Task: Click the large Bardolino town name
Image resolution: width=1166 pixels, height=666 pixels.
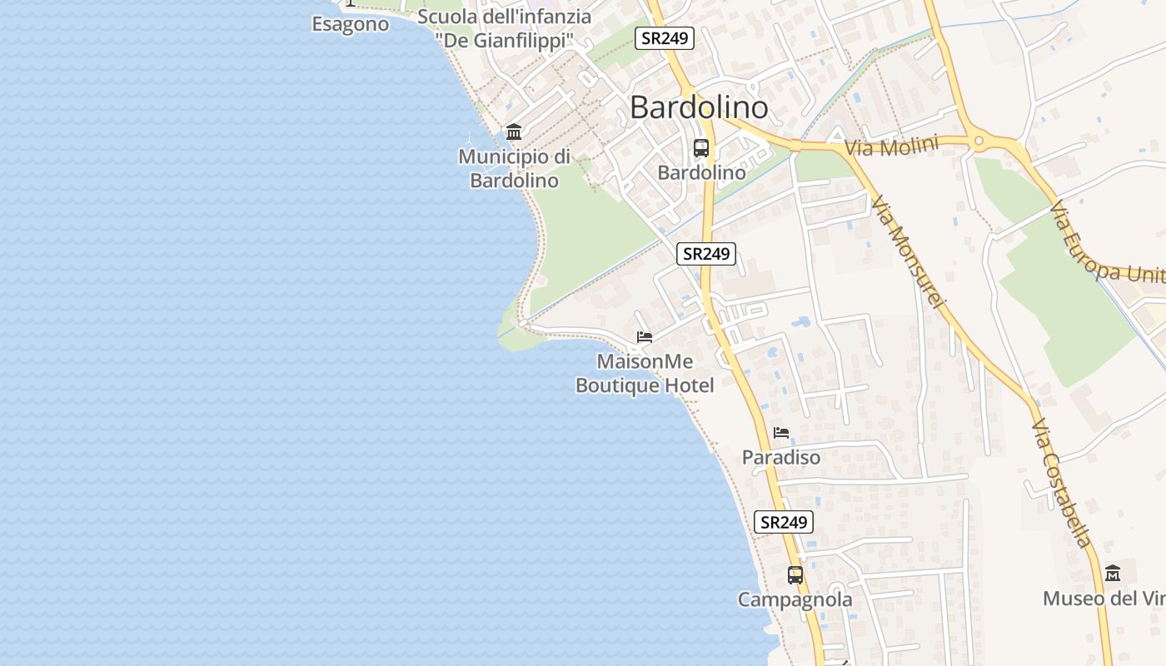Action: [x=698, y=107]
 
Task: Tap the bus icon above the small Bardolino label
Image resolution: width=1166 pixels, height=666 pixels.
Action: [x=701, y=148]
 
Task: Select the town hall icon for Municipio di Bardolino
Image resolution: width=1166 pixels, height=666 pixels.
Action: [x=514, y=132]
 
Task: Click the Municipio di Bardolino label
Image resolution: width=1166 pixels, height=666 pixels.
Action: [x=514, y=168]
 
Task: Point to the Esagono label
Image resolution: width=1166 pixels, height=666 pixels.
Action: [x=350, y=24]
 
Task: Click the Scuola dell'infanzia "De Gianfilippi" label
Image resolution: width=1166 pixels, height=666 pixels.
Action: [x=505, y=28]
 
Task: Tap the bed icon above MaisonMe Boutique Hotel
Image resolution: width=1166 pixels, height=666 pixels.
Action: [x=644, y=337]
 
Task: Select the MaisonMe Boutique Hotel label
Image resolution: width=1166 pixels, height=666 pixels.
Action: [x=645, y=374]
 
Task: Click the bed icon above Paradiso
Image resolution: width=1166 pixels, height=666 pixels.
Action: [x=780, y=433]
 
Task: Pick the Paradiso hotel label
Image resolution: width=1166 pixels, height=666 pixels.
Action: [x=780, y=457]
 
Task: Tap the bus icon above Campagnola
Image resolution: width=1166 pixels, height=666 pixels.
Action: [x=795, y=574]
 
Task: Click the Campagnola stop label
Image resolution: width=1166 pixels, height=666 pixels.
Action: [x=795, y=599]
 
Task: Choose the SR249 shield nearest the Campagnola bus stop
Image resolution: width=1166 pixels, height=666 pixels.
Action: [x=783, y=522]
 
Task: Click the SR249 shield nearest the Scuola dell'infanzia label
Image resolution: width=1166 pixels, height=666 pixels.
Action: [x=664, y=38]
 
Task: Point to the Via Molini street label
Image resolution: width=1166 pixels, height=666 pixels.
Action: [x=891, y=146]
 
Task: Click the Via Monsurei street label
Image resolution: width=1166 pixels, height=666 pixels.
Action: [x=908, y=251]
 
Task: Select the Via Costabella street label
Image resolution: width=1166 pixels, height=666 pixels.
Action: [x=1061, y=483]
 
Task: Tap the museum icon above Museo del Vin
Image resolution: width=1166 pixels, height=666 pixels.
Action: [x=1113, y=574]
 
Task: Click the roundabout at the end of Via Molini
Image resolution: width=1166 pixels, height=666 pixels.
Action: [x=979, y=142]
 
